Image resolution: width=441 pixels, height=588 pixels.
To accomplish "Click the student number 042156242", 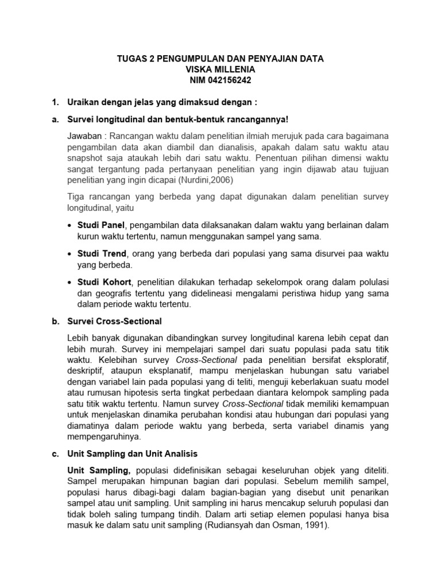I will click(x=233, y=80).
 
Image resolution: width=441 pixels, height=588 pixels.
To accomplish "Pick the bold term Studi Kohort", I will click(x=104, y=283).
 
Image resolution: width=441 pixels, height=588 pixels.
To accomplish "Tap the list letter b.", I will click(x=55, y=321).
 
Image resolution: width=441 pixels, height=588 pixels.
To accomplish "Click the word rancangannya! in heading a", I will click(x=252, y=119).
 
